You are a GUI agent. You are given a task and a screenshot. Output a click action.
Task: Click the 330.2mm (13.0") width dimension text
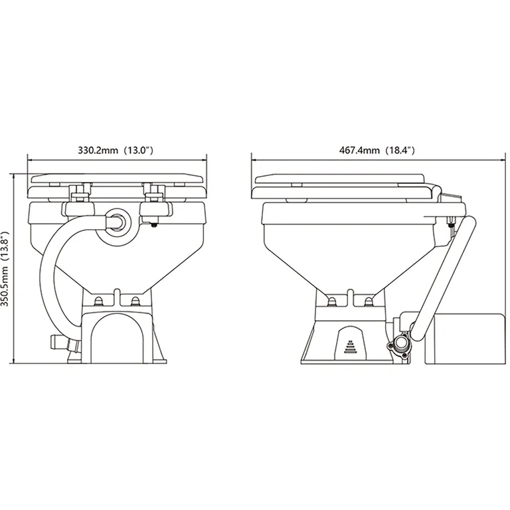[x=116, y=151]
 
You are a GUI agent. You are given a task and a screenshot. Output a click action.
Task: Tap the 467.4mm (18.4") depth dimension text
[x=377, y=151]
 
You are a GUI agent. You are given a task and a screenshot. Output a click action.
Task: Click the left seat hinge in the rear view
[x=78, y=193]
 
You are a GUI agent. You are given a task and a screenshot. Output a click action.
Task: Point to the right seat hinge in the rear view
[x=155, y=193]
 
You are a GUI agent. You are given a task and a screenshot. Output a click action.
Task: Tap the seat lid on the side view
[x=345, y=177]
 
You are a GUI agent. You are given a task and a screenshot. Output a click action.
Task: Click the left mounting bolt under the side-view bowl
[x=330, y=303]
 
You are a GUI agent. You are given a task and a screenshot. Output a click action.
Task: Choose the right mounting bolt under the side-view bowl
[x=368, y=303]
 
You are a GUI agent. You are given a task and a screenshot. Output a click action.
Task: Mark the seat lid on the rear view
[x=116, y=177]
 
